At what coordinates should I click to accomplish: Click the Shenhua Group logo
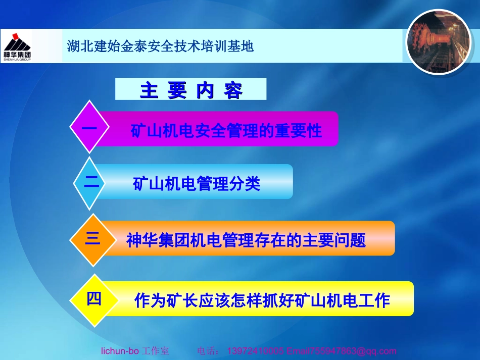tap(17, 45)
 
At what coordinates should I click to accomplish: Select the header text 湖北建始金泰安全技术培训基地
tap(160, 47)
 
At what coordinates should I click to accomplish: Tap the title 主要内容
tap(191, 90)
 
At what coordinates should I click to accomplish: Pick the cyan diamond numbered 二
tap(91, 182)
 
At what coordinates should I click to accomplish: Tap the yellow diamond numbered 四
tap(94, 299)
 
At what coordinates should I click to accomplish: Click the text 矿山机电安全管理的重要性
tap(226, 131)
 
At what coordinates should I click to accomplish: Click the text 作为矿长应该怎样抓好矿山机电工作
tap(262, 301)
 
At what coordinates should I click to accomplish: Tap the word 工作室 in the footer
tap(155, 351)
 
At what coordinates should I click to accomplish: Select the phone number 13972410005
tap(256, 351)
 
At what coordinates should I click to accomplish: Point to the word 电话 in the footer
tap(207, 351)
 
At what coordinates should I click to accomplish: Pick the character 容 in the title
tap(233, 90)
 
